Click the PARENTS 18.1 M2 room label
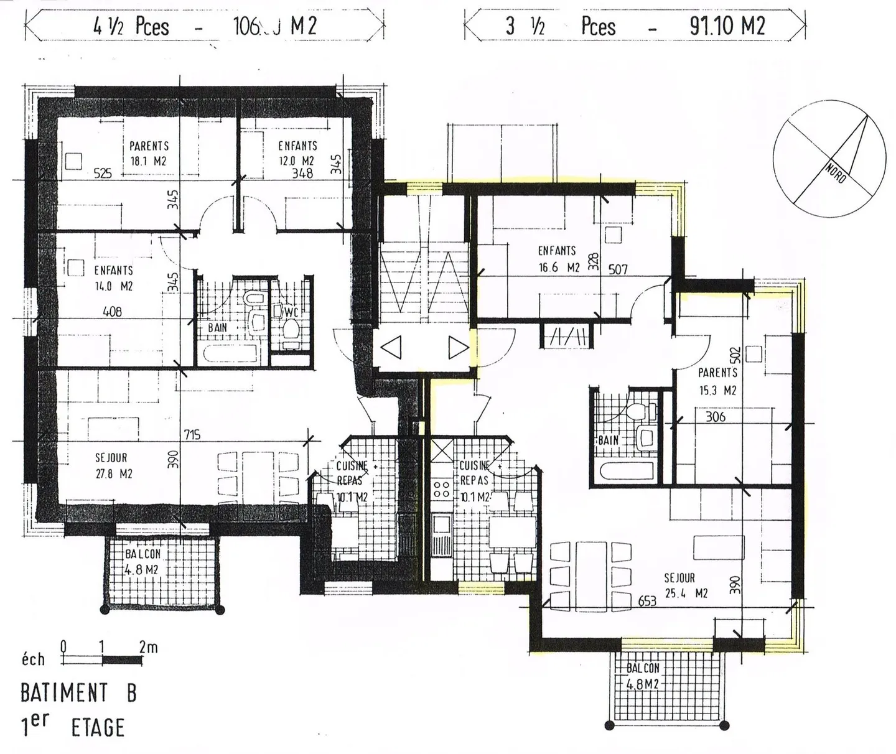point(149,153)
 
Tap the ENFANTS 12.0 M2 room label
point(297,153)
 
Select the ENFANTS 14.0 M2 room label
point(113,278)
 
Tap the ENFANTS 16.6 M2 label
point(558,259)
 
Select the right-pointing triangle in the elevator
point(457,347)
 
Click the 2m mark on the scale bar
point(148,647)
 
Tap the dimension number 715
point(192,434)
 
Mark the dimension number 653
point(647,601)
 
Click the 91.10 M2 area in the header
point(727,26)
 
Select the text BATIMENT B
point(78,692)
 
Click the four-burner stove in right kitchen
point(442,489)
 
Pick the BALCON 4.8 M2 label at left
point(142,561)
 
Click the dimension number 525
point(103,174)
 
